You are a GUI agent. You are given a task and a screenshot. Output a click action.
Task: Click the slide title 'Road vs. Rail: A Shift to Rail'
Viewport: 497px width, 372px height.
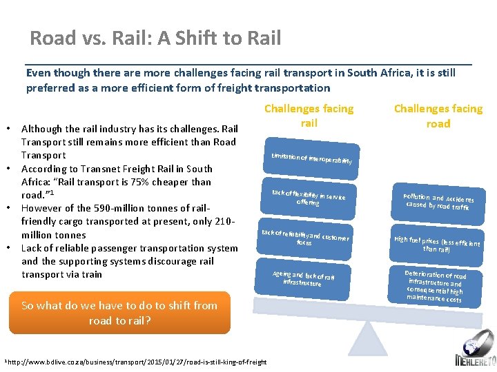pos(155,37)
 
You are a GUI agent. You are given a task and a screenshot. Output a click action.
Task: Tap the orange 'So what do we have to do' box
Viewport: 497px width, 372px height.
pos(119,313)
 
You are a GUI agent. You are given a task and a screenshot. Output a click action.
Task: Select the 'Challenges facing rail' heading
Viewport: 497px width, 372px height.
pos(309,116)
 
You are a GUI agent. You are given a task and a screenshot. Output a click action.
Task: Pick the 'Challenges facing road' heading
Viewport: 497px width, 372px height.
pos(438,116)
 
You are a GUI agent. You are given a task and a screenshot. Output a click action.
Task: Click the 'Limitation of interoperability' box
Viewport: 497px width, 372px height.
pos(311,158)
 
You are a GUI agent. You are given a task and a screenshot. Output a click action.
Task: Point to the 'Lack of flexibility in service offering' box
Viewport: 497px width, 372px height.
pos(309,198)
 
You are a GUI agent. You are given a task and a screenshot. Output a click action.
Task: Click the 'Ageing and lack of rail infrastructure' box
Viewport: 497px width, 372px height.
pos(303,278)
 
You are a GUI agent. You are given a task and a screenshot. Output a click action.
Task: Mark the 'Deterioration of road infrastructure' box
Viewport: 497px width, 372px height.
pos(436,286)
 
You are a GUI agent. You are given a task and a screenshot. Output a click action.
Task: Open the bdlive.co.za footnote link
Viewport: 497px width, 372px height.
pos(138,362)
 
